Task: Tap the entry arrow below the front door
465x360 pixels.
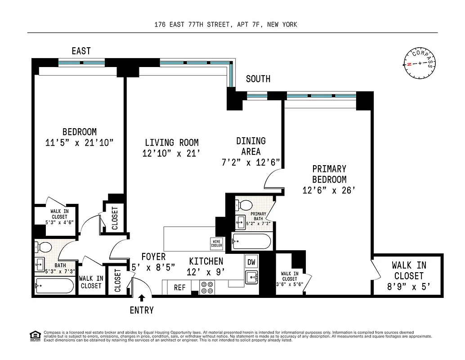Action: coord(142,298)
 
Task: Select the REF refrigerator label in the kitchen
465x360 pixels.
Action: coord(179,287)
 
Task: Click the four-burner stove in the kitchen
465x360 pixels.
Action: coord(207,287)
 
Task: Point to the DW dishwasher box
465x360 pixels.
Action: coord(252,262)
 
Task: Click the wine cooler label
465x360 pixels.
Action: coord(217,243)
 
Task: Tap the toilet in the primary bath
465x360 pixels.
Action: coord(244,205)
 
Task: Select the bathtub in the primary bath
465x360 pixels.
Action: coord(251,242)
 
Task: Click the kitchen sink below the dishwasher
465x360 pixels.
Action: coord(252,276)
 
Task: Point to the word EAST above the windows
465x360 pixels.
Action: coord(81,51)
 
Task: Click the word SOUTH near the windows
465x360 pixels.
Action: coord(258,79)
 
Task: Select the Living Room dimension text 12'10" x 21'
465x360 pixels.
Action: coord(170,153)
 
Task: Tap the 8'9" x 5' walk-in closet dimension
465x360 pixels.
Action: coord(409,286)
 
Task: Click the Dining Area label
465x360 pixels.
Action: coord(251,146)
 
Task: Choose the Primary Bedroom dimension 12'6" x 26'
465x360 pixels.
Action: coord(330,190)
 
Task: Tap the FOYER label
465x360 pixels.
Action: coord(153,257)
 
